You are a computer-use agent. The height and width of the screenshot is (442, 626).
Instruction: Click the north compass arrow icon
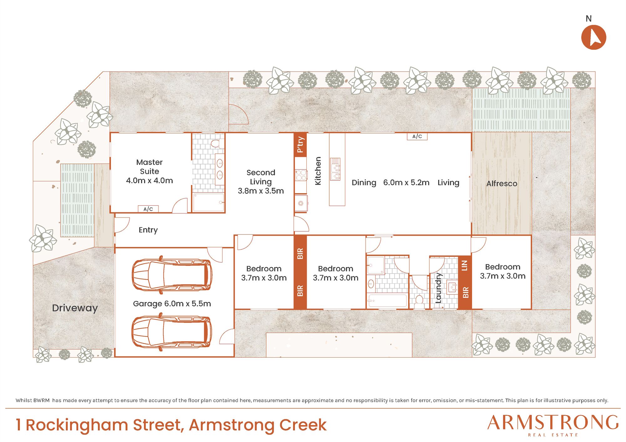(x=593, y=37)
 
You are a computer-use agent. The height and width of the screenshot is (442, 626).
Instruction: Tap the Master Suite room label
(x=149, y=167)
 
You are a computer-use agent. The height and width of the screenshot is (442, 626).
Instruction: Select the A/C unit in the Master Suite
(x=148, y=209)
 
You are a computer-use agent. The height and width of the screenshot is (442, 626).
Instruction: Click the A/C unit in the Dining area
(x=417, y=136)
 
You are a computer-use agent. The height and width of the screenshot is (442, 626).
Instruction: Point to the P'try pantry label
(x=300, y=144)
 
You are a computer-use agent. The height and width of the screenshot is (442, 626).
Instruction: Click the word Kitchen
(x=318, y=171)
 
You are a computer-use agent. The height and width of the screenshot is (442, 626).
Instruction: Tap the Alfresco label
(x=502, y=183)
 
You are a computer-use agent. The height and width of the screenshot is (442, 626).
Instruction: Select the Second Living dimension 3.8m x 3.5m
(x=261, y=191)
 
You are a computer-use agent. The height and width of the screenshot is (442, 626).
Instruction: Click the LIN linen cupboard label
(x=464, y=265)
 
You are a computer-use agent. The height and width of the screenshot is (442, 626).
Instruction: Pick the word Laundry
(x=438, y=288)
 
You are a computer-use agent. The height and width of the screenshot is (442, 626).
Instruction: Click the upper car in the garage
(x=172, y=275)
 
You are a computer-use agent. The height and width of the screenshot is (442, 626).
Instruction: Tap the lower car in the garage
(x=172, y=332)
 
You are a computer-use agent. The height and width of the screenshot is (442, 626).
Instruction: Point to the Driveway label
(x=75, y=308)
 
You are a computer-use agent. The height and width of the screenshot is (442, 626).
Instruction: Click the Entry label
(x=148, y=230)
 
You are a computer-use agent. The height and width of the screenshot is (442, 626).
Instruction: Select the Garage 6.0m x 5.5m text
(x=172, y=304)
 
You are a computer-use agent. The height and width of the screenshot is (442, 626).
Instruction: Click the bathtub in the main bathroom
(x=387, y=301)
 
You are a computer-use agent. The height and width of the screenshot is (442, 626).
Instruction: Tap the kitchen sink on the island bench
(x=335, y=169)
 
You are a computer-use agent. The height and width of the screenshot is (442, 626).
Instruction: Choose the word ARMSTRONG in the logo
(x=553, y=423)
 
